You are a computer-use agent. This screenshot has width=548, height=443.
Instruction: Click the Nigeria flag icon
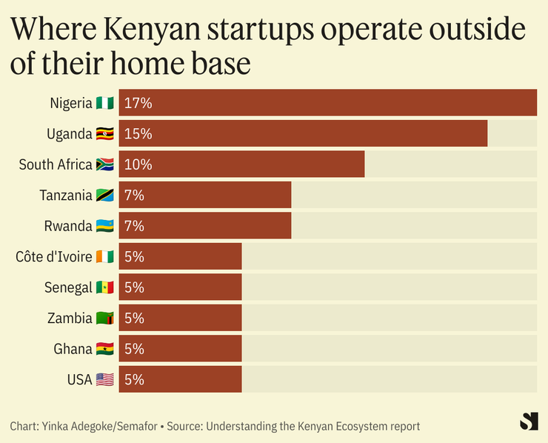pos(104,103)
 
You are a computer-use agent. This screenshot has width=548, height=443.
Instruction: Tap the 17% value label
pos(138,103)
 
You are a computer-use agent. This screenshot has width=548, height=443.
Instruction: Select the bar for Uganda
pos(303,134)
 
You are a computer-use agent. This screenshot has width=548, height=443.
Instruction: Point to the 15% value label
pos(138,134)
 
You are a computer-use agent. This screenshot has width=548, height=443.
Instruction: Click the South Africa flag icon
pos(104,164)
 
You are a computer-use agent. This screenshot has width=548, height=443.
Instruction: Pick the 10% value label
pos(138,164)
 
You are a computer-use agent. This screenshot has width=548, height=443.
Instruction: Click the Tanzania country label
pos(65,196)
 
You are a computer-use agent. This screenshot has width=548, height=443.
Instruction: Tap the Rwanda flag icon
pos(104,226)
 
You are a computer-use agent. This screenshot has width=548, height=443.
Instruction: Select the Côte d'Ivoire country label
pos(54,257)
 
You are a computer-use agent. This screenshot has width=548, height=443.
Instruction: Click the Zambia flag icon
pos(104,319)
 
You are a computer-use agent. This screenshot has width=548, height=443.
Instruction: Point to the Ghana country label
pos(73,349)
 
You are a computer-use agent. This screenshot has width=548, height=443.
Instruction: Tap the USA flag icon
pos(104,380)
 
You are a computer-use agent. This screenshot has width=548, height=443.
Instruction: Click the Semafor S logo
pos(529,421)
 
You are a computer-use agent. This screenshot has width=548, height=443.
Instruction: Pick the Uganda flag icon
pos(104,134)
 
